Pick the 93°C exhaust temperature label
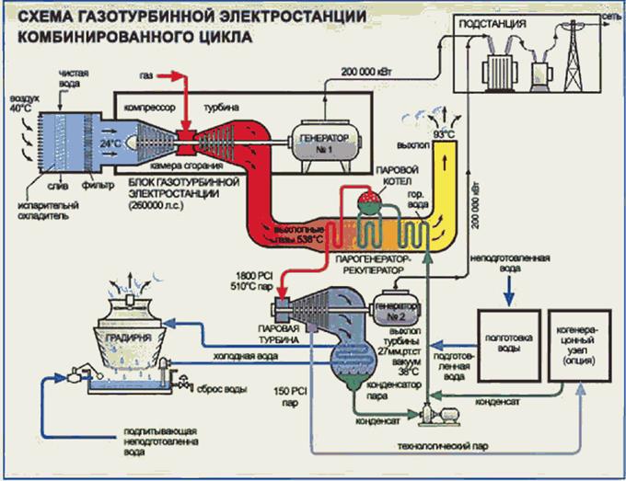tap(445, 134)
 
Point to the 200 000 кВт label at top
tap(370, 71)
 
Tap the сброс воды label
tap(221, 390)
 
